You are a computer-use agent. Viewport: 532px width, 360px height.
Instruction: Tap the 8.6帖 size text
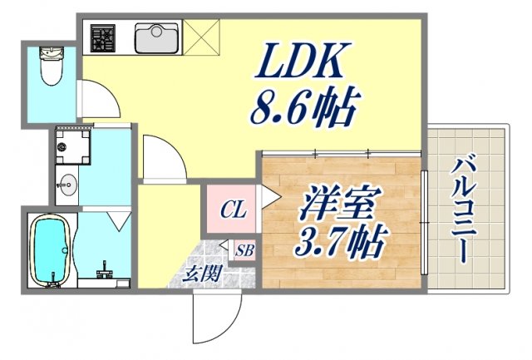coord(303,106)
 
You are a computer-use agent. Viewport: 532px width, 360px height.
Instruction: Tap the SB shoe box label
coord(244,250)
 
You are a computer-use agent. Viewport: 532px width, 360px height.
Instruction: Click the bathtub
coord(52,249)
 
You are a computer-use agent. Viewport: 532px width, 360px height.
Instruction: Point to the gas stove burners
coord(104,37)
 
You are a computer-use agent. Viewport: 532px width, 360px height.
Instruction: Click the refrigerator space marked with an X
coord(200,37)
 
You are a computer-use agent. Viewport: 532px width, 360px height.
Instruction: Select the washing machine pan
coord(72,145)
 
